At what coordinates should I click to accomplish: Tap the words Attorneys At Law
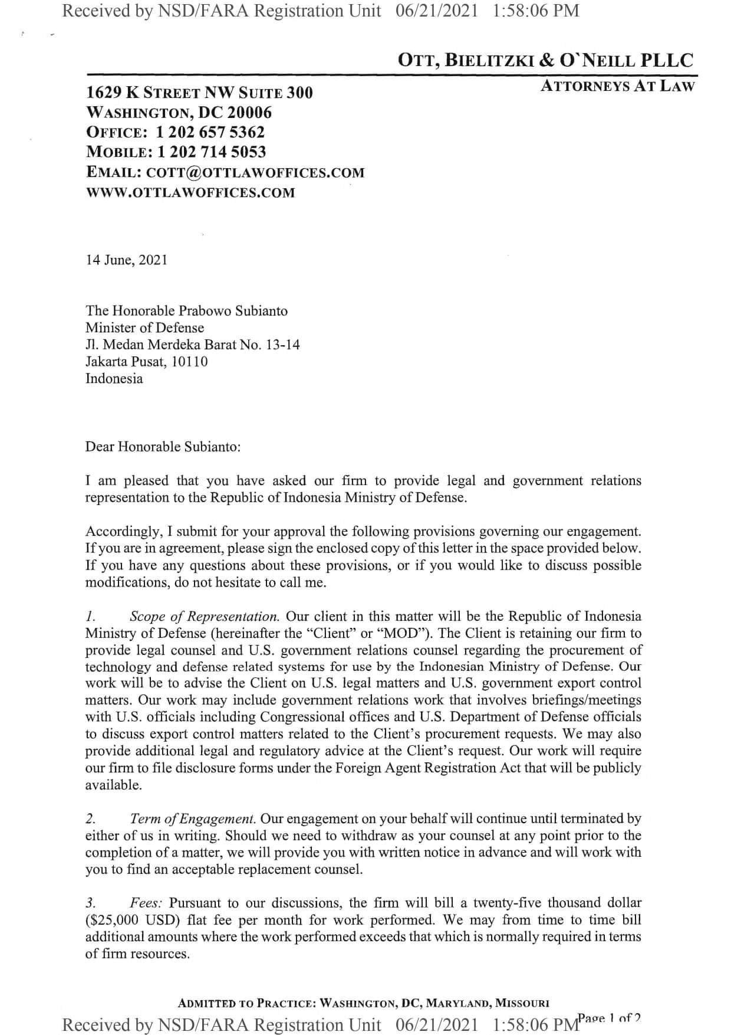618,86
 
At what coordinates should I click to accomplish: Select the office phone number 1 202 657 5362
210,132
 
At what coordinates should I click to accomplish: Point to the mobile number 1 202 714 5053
212,152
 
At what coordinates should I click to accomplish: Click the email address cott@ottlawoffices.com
255,172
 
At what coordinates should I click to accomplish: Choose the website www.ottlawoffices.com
190,192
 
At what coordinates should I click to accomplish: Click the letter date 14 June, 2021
127,260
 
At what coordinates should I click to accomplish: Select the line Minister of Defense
144,328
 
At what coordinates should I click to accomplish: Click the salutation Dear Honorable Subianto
163,447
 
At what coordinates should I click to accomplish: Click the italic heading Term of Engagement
193,819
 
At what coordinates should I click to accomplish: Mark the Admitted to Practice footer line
364,1003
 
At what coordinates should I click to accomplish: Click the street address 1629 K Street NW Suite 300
199,93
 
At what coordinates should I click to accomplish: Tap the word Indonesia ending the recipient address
114,379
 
